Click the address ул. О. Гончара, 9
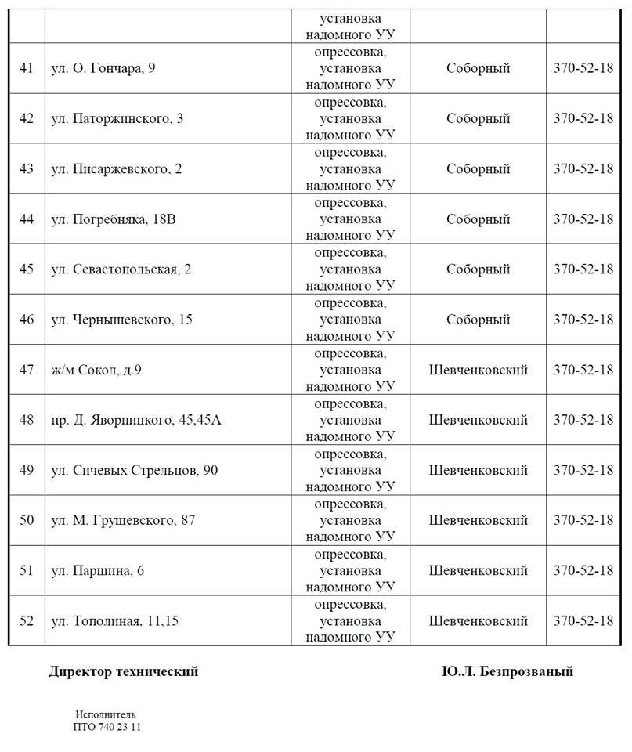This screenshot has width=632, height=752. coord(103,68)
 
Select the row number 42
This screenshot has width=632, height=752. coord(27,118)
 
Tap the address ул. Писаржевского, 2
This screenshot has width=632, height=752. coord(116,168)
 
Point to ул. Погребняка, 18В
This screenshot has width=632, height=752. coord(114,219)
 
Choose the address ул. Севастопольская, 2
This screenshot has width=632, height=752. coord(121,269)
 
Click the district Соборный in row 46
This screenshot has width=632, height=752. coord(478,320)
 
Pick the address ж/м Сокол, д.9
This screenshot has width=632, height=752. coord(96,370)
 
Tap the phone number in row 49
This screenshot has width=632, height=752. coord(583,470)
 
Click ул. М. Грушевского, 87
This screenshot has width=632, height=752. coord(123,520)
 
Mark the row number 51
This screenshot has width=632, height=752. coord(27,570)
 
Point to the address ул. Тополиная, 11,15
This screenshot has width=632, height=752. coord(114,621)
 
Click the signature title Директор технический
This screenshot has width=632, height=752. coord(124,671)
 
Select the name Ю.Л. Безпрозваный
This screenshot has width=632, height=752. coord(507,671)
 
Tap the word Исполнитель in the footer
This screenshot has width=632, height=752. coord(106,714)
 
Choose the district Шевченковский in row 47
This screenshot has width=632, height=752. coord(478,370)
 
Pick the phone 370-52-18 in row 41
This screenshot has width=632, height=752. coord(583,68)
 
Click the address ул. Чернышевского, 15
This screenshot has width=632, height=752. coord(121,320)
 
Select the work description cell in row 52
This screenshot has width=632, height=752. coord(350,621)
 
